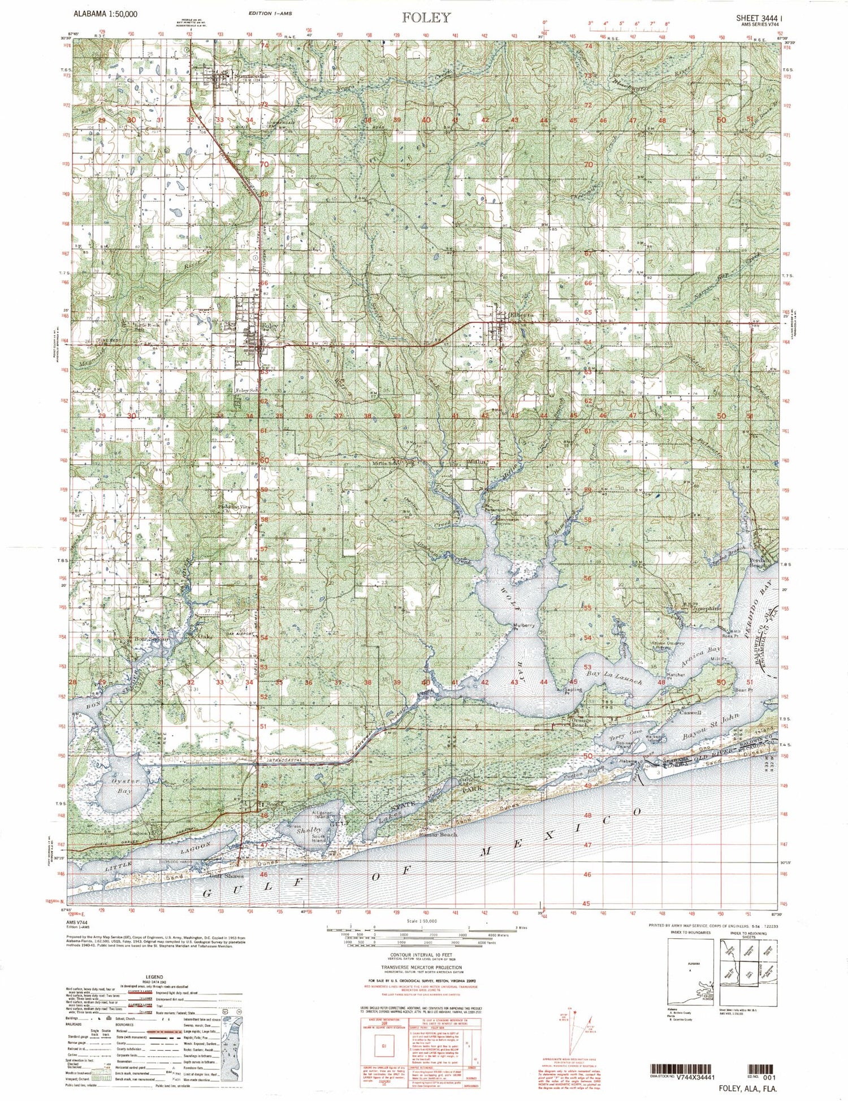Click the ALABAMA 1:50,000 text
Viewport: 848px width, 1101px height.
105,13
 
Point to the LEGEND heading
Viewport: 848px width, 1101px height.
154,977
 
